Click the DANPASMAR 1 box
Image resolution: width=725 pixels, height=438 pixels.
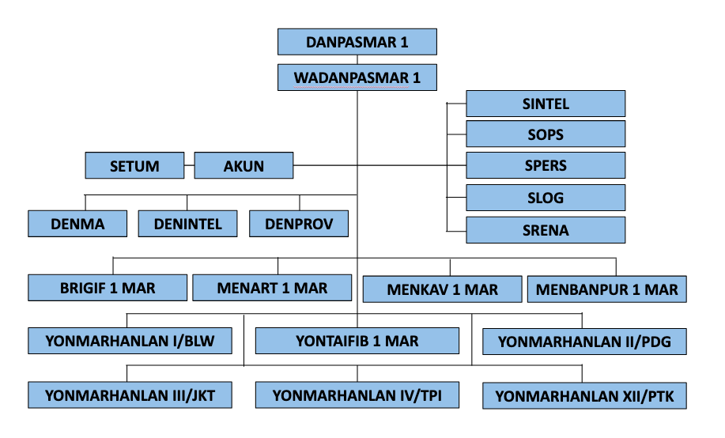tap(357, 42)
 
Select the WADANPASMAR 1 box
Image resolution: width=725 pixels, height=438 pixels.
tap(357, 77)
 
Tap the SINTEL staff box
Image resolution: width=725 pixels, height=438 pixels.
tap(546, 104)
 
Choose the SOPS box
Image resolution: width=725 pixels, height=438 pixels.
tap(546, 134)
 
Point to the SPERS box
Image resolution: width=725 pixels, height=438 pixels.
tap(546, 166)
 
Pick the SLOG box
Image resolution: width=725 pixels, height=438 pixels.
tap(546, 198)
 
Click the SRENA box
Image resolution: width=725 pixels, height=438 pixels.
tap(546, 230)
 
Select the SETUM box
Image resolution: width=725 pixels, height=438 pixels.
tap(134, 166)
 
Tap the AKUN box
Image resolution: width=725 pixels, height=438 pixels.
tap(244, 166)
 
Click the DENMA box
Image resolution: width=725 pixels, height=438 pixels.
tap(77, 224)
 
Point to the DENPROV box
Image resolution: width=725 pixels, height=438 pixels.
tap(299, 224)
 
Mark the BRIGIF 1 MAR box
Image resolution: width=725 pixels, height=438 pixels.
tap(108, 288)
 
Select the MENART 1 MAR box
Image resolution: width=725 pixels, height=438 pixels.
tap(272, 288)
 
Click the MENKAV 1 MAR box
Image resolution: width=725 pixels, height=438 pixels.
tap(443, 289)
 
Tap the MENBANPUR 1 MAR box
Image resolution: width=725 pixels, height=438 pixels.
tap(606, 289)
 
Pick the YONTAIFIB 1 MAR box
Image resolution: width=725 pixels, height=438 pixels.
tap(357, 341)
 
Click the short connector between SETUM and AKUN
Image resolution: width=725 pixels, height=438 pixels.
tap(189, 166)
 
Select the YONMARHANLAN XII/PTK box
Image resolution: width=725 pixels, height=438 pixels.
tap(584, 395)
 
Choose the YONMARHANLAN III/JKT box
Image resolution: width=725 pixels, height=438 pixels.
tap(130, 395)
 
